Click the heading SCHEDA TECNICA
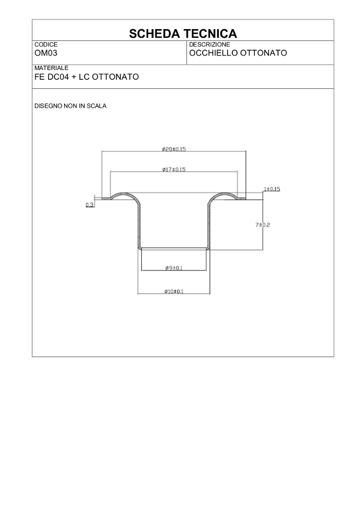point(183,34)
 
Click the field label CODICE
point(46,44)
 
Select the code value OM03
point(46,53)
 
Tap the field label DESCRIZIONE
point(210,44)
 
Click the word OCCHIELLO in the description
point(212,53)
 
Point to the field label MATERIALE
point(51,68)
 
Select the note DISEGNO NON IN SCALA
point(71,106)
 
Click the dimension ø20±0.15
point(174,149)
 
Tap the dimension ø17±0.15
point(174,169)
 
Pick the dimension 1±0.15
point(272,189)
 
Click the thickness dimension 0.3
point(89,205)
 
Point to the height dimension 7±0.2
point(263,225)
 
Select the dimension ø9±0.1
point(174,268)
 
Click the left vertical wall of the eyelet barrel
point(139,226)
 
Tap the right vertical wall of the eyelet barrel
point(209,226)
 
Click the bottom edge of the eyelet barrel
point(174,248)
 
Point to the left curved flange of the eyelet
point(125,195)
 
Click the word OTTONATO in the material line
point(115,77)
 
